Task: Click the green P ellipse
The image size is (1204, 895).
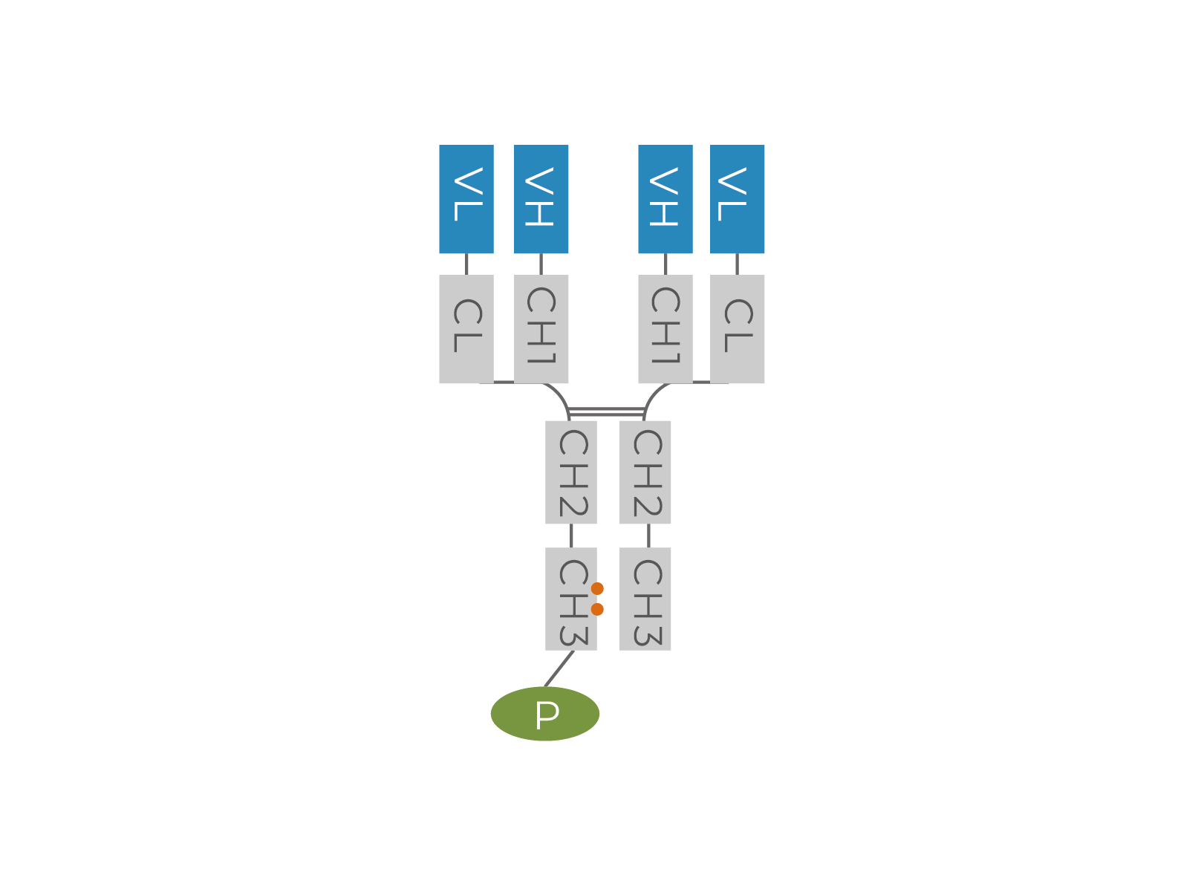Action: [544, 714]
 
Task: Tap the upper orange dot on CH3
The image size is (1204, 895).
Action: [597, 589]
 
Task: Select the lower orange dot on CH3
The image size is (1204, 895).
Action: [597, 609]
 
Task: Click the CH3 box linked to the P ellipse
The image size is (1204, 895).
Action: [570, 599]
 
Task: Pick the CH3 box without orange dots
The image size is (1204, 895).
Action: [645, 599]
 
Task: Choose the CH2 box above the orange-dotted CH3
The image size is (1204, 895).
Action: [570, 472]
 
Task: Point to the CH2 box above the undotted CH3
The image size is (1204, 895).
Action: [645, 472]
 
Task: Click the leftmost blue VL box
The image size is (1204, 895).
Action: [466, 199]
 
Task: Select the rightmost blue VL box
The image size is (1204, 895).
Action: [737, 199]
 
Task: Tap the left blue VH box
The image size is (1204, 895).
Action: [541, 199]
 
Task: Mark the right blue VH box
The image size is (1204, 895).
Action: [666, 199]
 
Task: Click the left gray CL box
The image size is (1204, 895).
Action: [466, 329]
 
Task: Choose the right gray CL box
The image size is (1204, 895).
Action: [737, 329]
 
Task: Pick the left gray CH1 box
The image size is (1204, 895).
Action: [541, 329]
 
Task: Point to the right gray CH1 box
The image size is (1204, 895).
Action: [666, 329]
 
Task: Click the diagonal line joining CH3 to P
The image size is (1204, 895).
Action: [559, 668]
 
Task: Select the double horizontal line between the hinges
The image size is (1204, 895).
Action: [606, 411]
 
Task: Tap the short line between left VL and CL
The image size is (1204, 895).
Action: [466, 264]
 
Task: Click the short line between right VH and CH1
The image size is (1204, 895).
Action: [666, 264]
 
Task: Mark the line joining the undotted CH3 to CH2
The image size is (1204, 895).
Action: [648, 536]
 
